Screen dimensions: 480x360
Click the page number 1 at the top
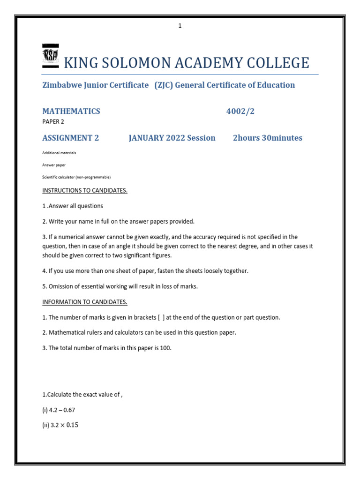tap(180, 26)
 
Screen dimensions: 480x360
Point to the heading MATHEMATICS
tap(71, 111)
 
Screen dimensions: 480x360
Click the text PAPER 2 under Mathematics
tap(53, 121)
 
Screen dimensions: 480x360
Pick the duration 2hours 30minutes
tap(267, 138)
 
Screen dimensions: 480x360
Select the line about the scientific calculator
tap(76, 177)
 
